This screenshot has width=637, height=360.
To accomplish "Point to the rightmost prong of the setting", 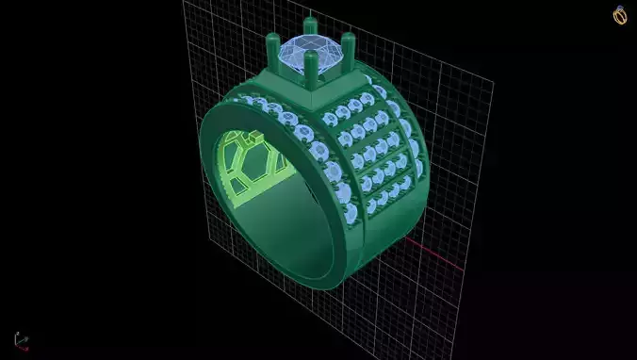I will (349, 44).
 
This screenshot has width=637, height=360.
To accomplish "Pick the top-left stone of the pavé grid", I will (330, 119).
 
